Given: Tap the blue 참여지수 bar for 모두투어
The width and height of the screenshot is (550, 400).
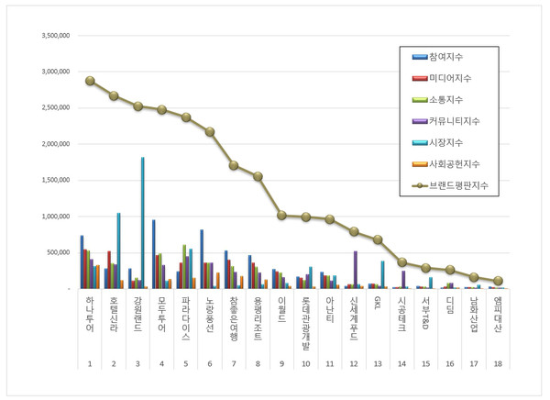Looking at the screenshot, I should coord(153,254).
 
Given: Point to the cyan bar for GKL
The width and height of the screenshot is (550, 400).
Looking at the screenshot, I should coord(383,274).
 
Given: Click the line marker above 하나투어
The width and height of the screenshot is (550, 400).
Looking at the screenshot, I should coord(90,81).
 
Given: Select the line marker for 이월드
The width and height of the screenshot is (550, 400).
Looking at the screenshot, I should coord(281,215).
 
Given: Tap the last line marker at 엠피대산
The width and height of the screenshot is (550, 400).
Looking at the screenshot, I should coord(498,281).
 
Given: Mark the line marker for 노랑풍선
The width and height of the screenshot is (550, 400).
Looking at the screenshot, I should coord(210,131).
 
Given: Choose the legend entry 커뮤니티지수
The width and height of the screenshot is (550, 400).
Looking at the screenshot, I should coord(455,120).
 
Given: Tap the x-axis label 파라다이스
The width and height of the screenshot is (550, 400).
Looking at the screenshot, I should coord(186,318).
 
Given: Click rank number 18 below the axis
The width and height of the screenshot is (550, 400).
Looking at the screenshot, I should coord(498,364).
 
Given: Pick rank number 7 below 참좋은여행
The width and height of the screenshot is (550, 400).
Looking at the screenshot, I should coord(234,364).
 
